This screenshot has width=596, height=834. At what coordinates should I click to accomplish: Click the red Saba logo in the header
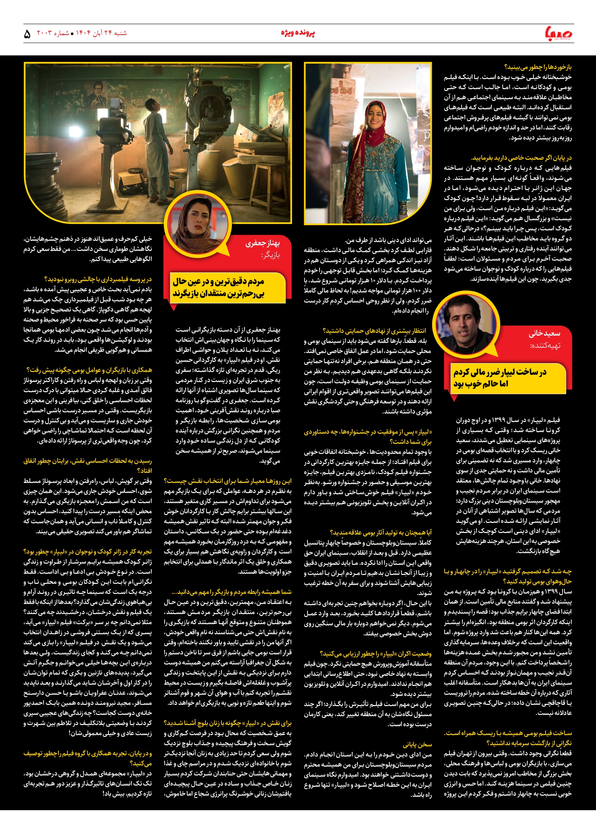click(x=558, y=33)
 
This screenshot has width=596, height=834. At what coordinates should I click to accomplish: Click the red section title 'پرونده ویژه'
click(x=298, y=33)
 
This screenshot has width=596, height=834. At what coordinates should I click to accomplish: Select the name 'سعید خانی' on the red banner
click(x=544, y=333)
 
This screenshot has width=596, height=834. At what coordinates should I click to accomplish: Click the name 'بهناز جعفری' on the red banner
click(x=263, y=243)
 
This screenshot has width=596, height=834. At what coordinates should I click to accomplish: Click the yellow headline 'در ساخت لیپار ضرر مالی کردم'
click(x=500, y=372)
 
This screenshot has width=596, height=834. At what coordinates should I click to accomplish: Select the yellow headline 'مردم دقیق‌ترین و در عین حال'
click(x=219, y=281)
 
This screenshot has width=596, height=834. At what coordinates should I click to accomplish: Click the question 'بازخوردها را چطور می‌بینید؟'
click(x=537, y=67)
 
